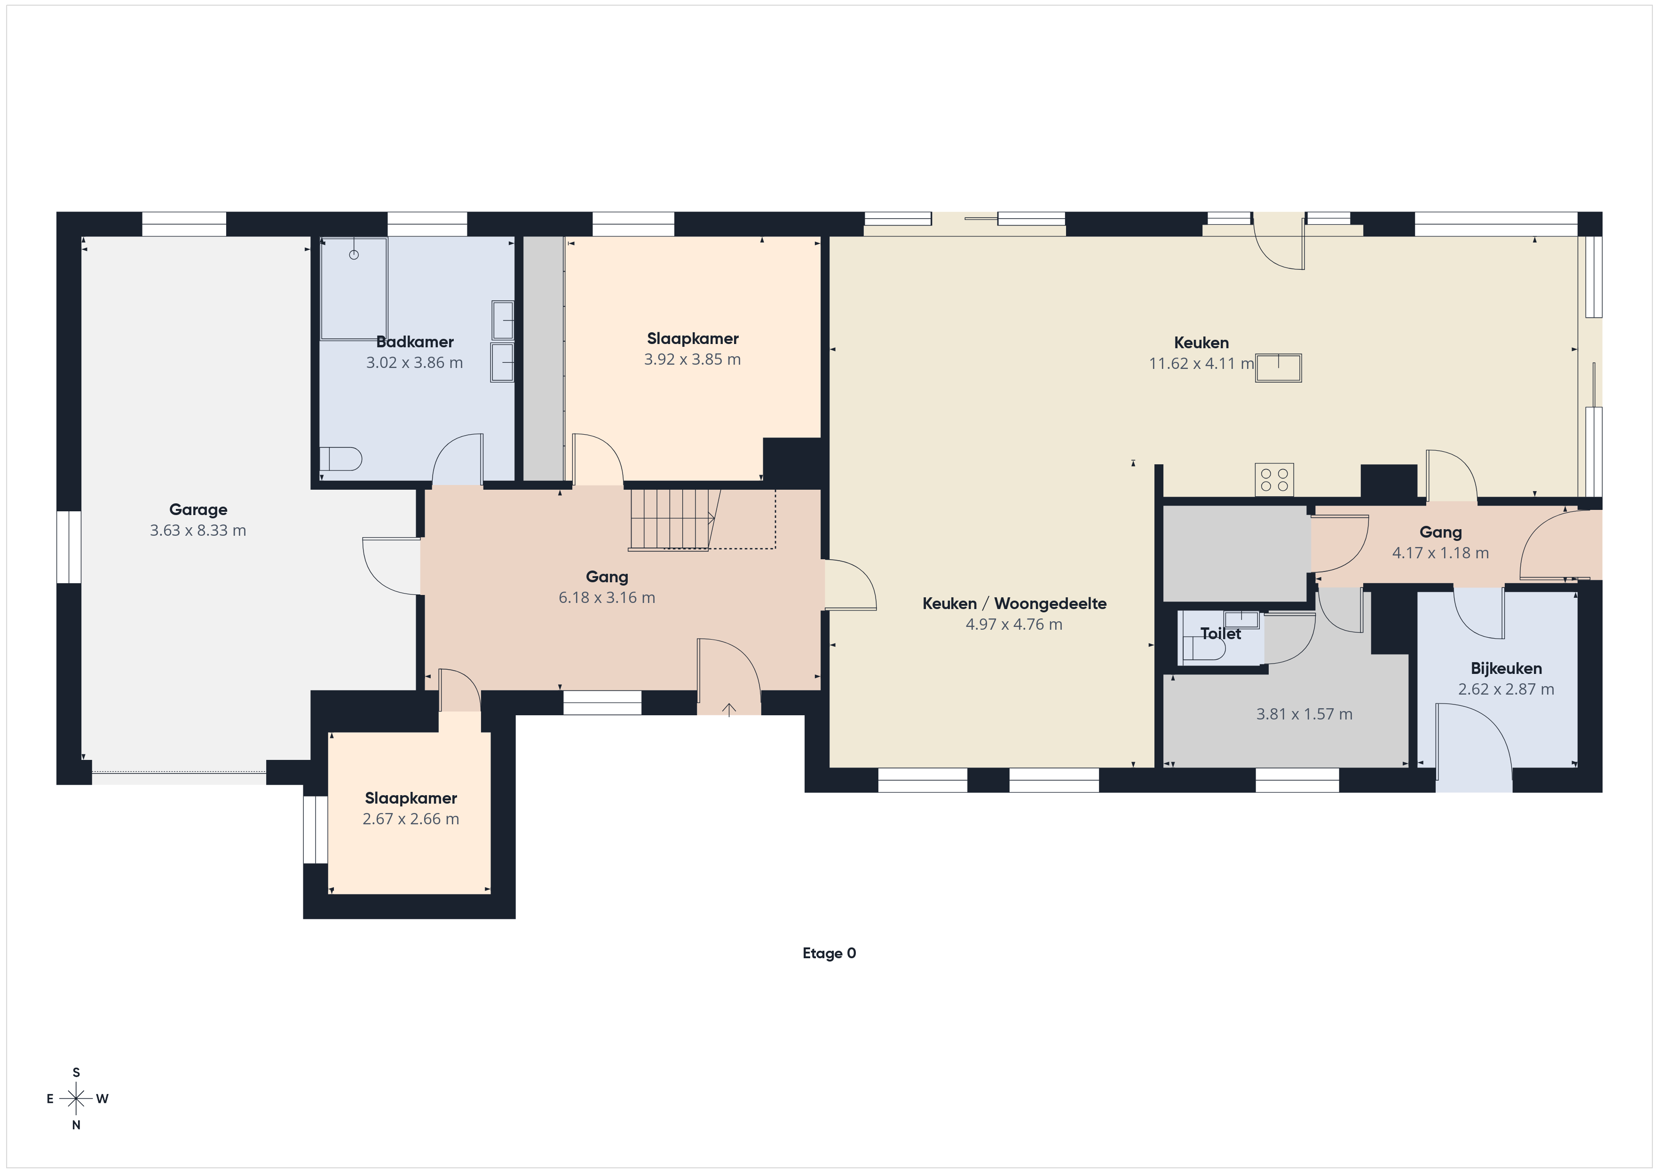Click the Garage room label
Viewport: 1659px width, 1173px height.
tap(198, 510)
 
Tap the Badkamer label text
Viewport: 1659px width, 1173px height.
tap(415, 342)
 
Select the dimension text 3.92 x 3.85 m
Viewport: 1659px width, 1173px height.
tap(692, 360)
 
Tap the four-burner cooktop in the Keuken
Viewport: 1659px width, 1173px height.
tap(1274, 480)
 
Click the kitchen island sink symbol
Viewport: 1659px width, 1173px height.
tap(1278, 368)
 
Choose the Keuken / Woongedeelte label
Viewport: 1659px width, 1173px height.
tap(1014, 604)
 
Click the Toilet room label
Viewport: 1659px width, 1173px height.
tap(1220, 633)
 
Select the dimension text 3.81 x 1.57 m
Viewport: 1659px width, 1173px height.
tap(1304, 714)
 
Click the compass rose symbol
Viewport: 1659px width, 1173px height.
tap(76, 1099)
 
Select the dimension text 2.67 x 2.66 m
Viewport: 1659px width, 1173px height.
tap(411, 819)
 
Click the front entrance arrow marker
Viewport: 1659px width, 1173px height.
tap(729, 709)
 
